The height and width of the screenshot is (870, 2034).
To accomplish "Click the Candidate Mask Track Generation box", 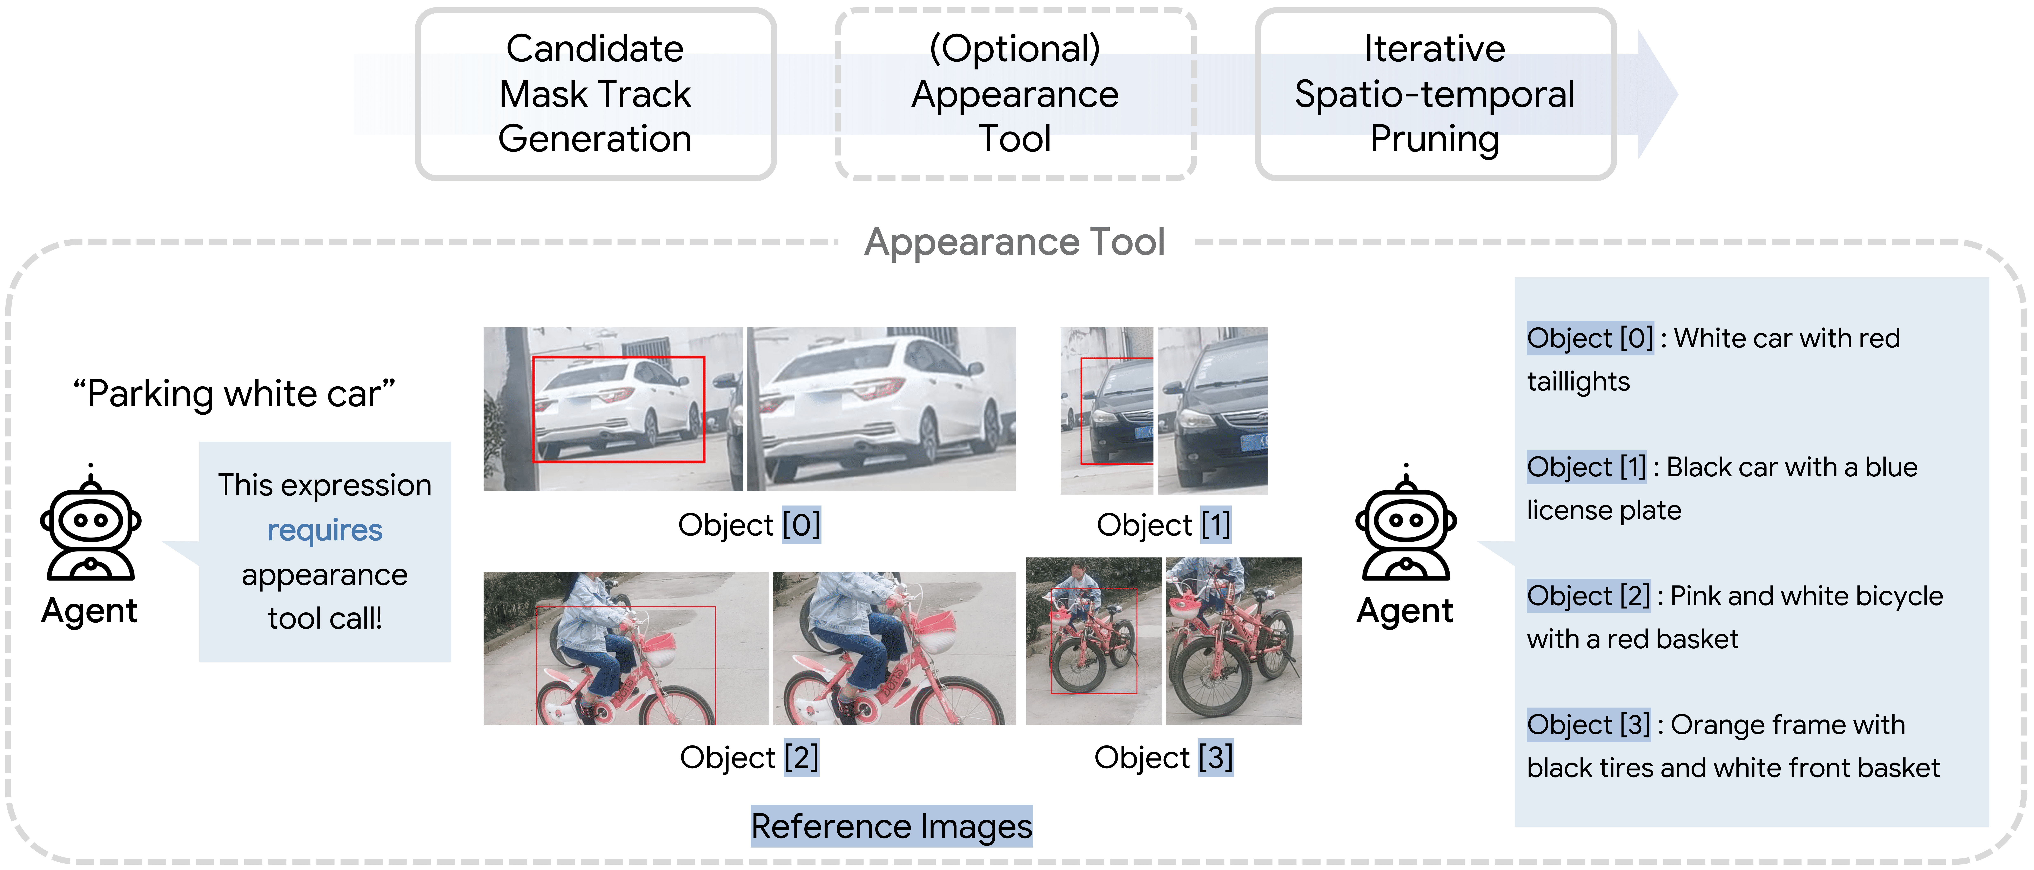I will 595,94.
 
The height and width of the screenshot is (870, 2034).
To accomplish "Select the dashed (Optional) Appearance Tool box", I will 1015,94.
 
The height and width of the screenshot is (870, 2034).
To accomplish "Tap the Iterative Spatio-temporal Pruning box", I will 1435,94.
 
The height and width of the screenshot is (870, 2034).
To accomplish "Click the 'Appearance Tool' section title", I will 1015,242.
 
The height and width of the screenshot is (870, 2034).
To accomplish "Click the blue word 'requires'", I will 324,530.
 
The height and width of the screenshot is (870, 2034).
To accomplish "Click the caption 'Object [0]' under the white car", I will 749,525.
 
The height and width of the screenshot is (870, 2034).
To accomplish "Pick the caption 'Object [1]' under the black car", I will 1164,525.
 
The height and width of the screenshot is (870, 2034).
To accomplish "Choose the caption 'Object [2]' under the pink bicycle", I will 749,757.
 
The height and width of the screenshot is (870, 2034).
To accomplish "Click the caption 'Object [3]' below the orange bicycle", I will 1164,757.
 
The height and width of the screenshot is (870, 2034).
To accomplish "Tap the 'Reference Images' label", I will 891,826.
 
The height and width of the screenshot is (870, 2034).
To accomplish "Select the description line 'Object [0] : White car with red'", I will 1713,338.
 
